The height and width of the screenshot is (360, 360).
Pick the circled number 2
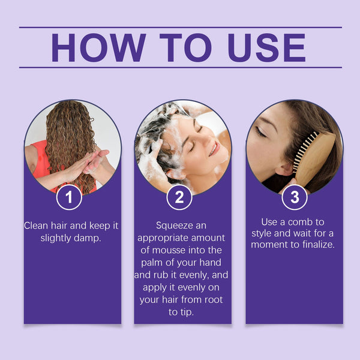pos(179,197)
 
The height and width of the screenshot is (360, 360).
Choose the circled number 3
pos(294,197)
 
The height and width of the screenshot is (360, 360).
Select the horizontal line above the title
pos(180,27)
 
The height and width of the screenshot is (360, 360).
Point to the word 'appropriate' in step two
pos(163,238)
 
